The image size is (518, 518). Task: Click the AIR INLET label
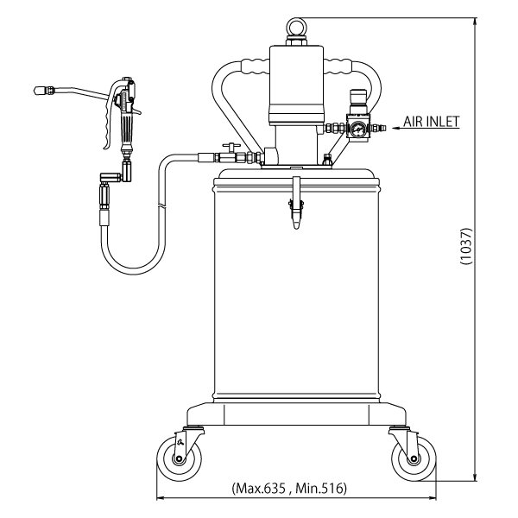click(431, 121)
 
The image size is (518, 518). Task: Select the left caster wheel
click(179, 458)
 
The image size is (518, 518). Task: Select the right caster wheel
click(414, 458)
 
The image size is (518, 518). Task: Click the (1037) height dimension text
click(466, 246)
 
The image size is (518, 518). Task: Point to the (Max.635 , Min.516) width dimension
click(289, 488)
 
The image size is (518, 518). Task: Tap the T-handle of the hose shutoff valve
click(231, 146)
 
